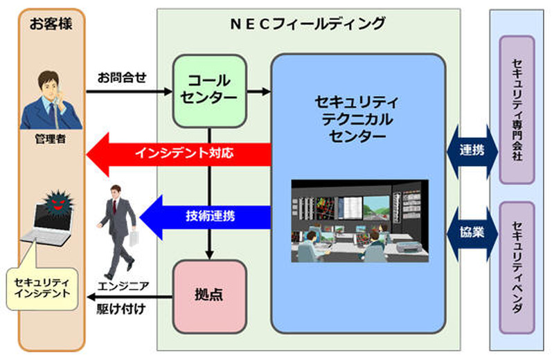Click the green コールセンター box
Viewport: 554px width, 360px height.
[x=209, y=91]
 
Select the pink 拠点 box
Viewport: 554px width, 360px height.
[x=209, y=296]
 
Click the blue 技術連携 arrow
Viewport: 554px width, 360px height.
[x=208, y=215]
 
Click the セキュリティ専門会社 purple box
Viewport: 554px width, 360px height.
[x=517, y=110]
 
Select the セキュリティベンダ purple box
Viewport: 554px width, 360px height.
[x=517, y=266]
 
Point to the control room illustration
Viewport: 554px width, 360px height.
[x=359, y=220]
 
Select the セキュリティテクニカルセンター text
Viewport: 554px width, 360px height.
[x=357, y=118]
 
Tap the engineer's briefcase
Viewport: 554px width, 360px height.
[x=133, y=240]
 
